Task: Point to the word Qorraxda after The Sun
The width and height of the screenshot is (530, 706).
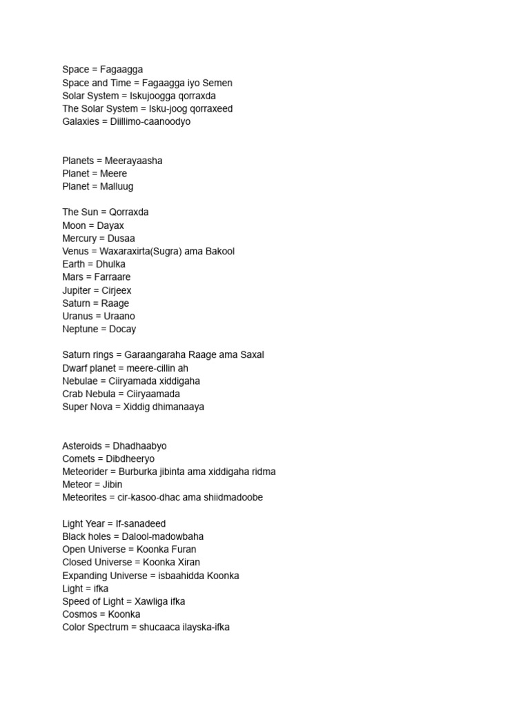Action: click(129, 212)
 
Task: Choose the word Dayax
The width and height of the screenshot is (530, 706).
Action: click(111, 225)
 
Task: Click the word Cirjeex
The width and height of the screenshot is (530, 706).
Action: click(116, 290)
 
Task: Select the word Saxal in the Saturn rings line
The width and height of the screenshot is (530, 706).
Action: click(252, 355)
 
